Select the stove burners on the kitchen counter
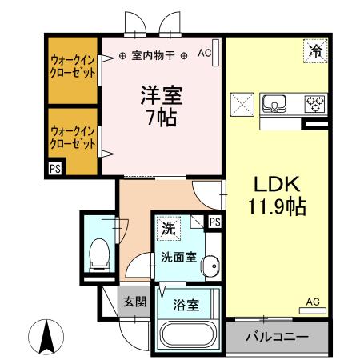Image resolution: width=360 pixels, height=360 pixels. [x=315, y=104]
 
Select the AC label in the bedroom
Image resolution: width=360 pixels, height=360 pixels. [x=204, y=54]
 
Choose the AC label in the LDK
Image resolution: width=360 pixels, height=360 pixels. [x=313, y=302]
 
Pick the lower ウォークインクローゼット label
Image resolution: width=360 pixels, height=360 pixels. [x=73, y=137]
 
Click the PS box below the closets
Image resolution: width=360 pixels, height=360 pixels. [x=54, y=169]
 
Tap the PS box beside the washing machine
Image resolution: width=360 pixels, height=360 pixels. [x=215, y=222]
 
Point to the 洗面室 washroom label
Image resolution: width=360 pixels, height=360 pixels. [x=175, y=258]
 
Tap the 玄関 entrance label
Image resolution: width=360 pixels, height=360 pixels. [x=134, y=302]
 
